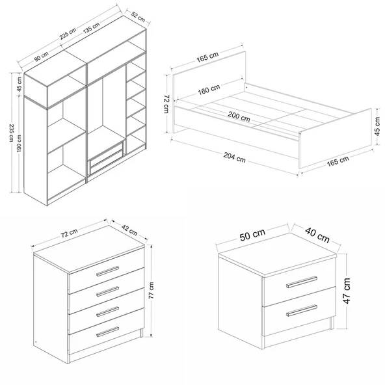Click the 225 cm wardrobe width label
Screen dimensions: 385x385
coord(68,34)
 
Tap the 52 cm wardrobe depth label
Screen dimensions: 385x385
coord(138,16)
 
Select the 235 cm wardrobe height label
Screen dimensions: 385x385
coord(11,133)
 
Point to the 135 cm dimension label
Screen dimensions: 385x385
coord(91,28)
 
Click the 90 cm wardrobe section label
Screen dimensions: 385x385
coord(41,57)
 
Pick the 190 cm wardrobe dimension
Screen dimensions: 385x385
coord(20,143)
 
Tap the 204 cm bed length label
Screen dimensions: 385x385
coord(235,157)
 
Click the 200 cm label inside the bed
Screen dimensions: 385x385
coord(239,116)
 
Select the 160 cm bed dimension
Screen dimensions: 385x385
coord(209,90)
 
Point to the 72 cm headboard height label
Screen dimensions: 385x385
coord(166,104)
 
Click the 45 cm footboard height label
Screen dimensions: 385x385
coord(377,126)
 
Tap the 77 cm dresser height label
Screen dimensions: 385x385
coord(152,290)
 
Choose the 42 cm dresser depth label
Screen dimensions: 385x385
coord(129,230)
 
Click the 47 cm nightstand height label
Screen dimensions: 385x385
coord(347,291)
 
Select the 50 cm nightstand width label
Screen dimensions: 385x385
coord(252,235)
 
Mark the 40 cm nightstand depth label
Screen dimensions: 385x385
coord(317,235)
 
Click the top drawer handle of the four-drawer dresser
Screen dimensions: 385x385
coord(107,271)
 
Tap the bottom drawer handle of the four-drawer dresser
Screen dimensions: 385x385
coord(107,332)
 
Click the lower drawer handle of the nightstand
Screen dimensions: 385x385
coord(302,311)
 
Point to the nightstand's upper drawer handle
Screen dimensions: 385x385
coord(302,282)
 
